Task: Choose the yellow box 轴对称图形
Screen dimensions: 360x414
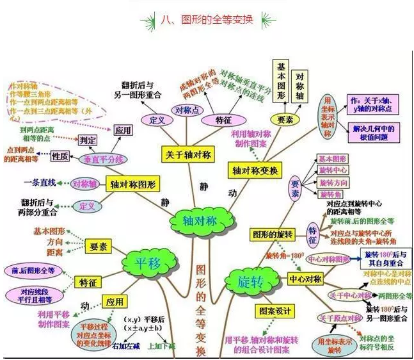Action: point(132,183)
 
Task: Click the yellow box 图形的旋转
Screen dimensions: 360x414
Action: point(273,234)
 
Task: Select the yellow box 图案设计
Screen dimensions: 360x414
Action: point(275,311)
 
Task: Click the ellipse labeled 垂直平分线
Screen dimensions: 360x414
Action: point(102,159)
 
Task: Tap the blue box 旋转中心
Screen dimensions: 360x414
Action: point(333,170)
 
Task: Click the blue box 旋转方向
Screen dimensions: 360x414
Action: point(333,182)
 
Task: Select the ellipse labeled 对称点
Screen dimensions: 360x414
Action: point(184,110)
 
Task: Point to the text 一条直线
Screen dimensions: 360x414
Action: point(42,183)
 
